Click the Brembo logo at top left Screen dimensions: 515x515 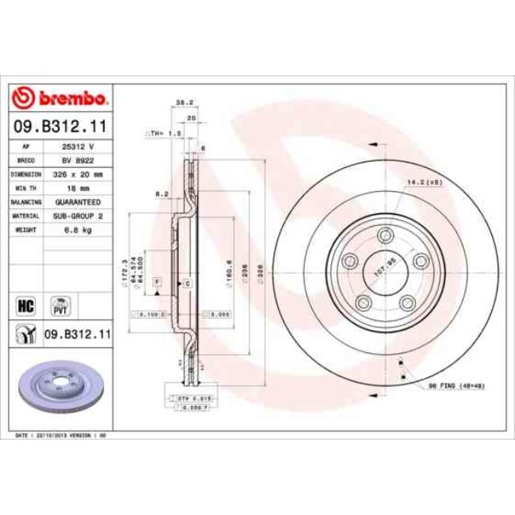(60, 99)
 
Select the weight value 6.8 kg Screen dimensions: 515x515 (78, 230)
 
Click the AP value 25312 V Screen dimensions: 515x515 (78, 147)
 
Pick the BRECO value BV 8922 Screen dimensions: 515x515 (78, 160)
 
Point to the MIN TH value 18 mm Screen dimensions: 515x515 (78, 188)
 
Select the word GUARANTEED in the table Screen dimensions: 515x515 (78, 202)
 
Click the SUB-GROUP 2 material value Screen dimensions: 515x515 (78, 216)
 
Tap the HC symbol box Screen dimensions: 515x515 (23, 303)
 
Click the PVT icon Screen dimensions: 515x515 (60, 304)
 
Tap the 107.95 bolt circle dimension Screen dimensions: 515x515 (384, 268)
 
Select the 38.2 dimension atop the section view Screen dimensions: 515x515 (181, 103)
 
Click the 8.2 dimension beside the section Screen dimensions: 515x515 (161, 193)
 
